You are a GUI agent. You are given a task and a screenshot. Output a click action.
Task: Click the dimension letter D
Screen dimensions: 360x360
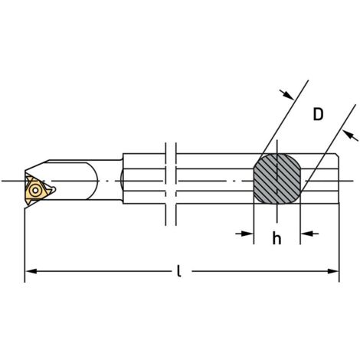click(318, 115)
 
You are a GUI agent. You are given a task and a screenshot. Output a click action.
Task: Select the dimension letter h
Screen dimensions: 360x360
click(277, 238)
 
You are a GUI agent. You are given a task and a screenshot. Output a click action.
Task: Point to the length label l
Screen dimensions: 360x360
click(179, 271)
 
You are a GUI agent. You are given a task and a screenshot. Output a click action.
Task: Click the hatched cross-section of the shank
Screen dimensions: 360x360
click(277, 179)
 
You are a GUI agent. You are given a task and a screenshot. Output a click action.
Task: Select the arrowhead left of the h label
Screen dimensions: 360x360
click(247, 234)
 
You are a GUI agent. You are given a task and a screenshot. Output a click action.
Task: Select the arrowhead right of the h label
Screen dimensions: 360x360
click(306, 234)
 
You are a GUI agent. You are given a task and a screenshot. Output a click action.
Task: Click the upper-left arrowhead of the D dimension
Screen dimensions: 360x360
click(288, 94)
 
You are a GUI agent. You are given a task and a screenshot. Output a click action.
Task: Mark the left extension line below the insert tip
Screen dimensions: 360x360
click(25, 237)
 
